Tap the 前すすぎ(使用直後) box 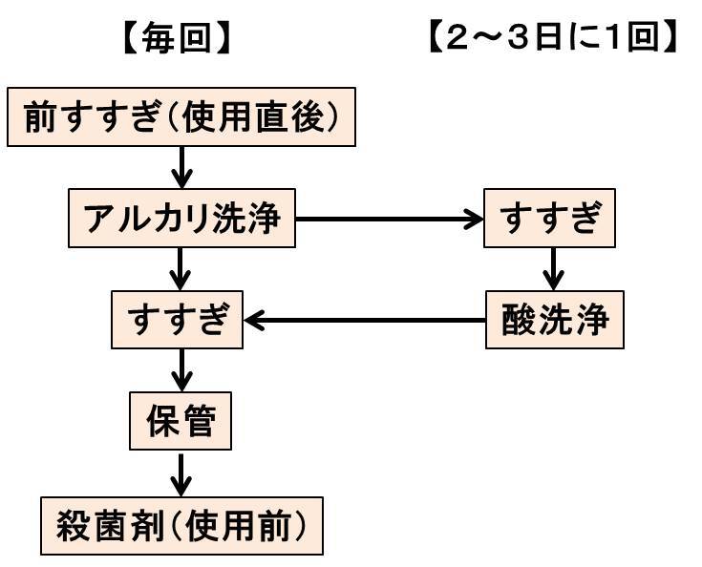point(181,119)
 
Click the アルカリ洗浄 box point(181,219)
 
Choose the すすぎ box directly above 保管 point(177,320)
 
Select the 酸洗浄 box point(555,320)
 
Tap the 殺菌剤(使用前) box point(181,524)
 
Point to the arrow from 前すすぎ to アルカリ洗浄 point(181,168)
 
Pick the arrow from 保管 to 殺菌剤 point(181,472)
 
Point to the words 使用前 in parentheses point(254,524)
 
